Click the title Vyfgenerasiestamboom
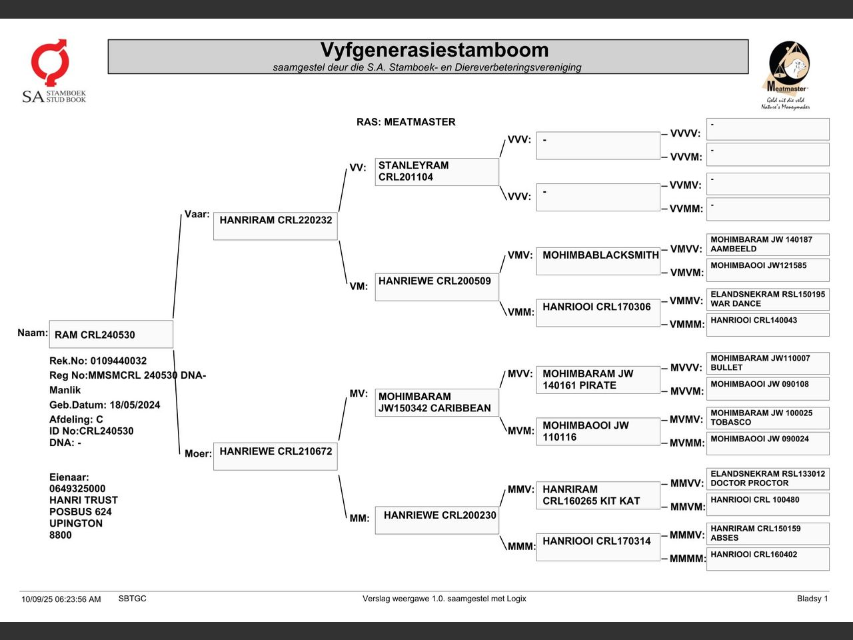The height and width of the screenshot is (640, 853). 434,51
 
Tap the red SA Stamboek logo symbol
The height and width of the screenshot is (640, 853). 50,62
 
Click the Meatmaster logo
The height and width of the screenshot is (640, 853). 786,75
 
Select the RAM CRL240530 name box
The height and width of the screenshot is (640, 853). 111,334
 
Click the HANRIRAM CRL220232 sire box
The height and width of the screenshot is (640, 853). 275,226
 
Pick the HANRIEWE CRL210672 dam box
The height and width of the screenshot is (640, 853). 275,456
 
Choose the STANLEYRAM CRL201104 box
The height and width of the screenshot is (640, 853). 436,172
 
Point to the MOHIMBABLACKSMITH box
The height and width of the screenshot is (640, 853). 598,261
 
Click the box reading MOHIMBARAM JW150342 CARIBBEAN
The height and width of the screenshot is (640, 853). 436,403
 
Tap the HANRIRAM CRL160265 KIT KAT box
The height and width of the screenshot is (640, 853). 598,495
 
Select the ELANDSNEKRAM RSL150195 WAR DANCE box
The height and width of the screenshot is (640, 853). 768,299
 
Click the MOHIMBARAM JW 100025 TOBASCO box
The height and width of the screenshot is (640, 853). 768,418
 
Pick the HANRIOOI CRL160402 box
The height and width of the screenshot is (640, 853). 768,559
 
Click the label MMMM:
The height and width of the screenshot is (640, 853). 688,559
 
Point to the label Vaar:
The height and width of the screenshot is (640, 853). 197,214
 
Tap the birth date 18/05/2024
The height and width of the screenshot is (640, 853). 135,405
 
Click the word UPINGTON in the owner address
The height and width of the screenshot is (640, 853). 76,523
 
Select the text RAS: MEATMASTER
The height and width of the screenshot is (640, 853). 406,122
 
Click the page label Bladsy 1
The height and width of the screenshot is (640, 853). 812,599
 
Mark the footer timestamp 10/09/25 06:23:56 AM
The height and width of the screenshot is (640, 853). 61,599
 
